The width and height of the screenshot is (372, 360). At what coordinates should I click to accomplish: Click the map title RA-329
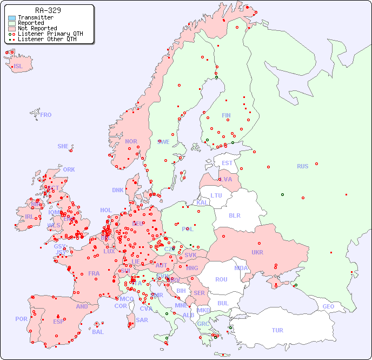tap(48, 10)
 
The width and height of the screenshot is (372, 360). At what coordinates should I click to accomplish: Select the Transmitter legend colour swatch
tap(12, 17)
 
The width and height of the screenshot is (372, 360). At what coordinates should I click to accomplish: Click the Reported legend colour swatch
tap(12, 23)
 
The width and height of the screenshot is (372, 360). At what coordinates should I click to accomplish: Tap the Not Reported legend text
tap(37, 28)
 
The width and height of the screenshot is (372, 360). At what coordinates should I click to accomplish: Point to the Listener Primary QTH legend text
tap(50, 34)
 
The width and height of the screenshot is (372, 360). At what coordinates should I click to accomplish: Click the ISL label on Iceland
tap(18, 67)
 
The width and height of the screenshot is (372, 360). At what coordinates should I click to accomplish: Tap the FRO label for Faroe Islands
tap(46, 115)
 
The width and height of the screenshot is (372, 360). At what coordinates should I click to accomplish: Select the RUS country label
tap(302, 166)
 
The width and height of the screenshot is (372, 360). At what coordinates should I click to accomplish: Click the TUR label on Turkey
tap(277, 330)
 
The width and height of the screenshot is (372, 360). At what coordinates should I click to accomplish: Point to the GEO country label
tap(328, 306)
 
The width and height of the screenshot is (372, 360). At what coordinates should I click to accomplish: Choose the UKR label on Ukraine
tap(257, 252)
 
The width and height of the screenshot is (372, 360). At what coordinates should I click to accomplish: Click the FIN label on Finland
tap(226, 115)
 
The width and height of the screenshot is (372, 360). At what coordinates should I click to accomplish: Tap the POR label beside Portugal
tap(21, 319)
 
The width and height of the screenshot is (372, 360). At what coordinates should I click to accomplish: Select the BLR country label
tap(235, 215)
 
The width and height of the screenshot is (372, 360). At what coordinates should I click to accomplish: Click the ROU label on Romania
tap(221, 279)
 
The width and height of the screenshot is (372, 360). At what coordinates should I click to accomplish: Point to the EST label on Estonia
tap(227, 163)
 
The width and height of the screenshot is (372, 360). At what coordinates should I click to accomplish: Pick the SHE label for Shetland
tap(63, 146)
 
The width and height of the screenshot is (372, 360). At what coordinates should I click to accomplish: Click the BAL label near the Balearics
tap(98, 332)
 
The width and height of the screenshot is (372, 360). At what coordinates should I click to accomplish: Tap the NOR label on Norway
tap(131, 141)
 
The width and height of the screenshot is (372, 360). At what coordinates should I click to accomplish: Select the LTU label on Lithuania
tap(216, 195)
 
